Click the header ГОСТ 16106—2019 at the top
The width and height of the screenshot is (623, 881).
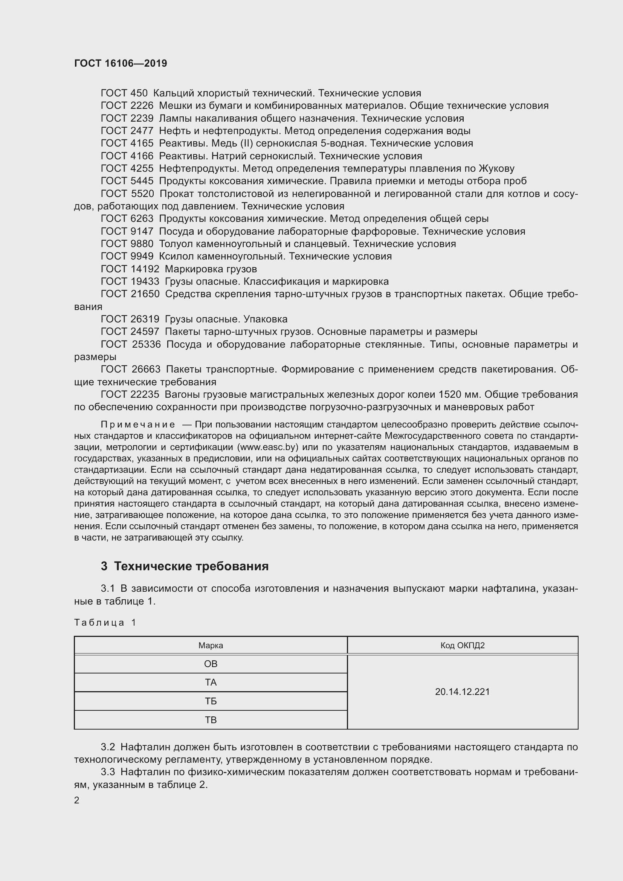121,63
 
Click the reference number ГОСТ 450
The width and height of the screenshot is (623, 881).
124,93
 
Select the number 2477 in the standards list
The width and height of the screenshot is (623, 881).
142,131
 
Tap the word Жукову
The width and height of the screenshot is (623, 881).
496,168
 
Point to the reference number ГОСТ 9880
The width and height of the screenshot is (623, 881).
127,244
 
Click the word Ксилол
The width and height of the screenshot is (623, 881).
174,257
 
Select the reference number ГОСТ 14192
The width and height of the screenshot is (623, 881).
130,269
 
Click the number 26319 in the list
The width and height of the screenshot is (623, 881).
145,319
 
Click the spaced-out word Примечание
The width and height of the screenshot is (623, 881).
138,424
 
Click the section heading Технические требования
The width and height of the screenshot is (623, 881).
191,566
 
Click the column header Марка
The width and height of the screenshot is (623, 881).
211,646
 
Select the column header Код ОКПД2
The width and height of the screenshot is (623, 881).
462,646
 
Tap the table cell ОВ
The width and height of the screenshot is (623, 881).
211,664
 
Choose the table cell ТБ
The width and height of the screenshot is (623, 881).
211,701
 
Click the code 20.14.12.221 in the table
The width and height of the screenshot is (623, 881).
462,692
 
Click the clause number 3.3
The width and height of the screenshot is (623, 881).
108,772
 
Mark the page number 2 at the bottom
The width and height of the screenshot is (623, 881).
77,800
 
